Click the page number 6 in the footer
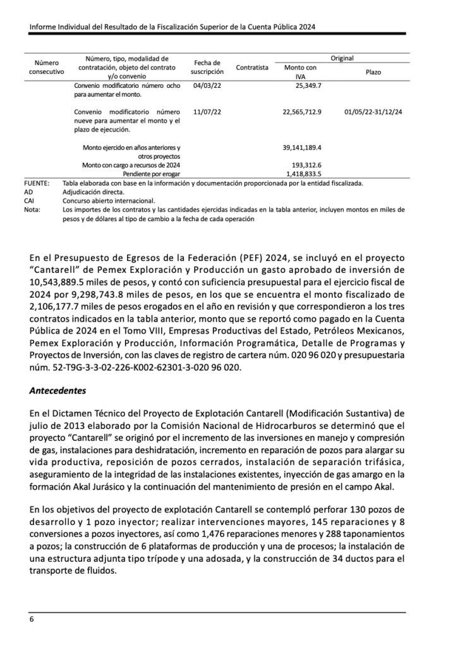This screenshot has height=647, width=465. point(32,619)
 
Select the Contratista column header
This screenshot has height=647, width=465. point(252,68)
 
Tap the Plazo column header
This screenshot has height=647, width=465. point(373,72)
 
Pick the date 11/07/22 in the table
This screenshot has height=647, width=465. point(207,112)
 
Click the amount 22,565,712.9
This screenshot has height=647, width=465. point(302,112)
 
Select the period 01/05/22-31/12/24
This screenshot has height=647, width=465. point(373,112)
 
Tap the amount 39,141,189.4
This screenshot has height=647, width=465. point(302,147)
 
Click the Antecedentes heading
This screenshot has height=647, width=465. point(57,391)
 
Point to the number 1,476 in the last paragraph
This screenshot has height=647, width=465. point(201,534)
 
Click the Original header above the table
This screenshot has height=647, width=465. point(342,58)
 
